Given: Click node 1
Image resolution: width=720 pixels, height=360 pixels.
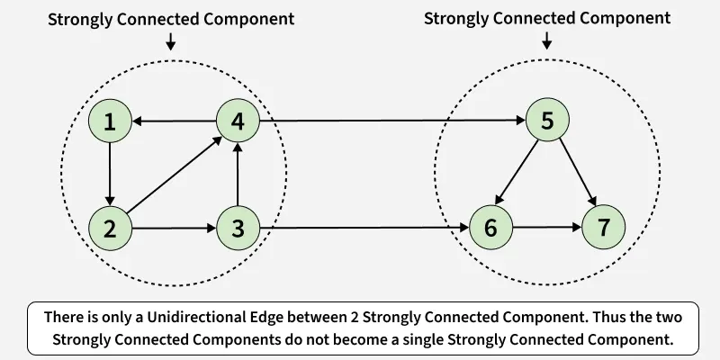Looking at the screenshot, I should [110, 121].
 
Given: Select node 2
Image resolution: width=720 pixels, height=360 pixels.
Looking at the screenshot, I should [110, 229].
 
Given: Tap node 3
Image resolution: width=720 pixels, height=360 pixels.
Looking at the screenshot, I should [238, 229].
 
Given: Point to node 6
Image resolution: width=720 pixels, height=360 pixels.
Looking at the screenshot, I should [490, 229].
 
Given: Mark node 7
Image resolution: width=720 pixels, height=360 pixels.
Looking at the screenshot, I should [605, 229].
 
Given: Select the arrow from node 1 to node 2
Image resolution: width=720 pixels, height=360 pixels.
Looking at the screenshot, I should [110, 175].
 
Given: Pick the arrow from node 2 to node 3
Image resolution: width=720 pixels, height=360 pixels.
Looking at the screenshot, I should [174, 229].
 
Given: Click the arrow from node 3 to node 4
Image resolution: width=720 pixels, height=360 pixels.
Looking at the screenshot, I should [238, 175].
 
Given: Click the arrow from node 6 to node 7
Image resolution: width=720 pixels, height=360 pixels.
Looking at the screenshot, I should [547, 229].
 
